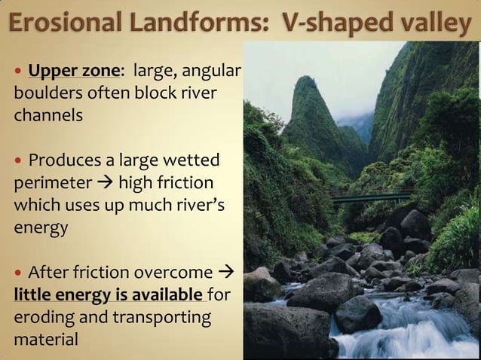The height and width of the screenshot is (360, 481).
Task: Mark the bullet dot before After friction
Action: coord(18,271)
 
